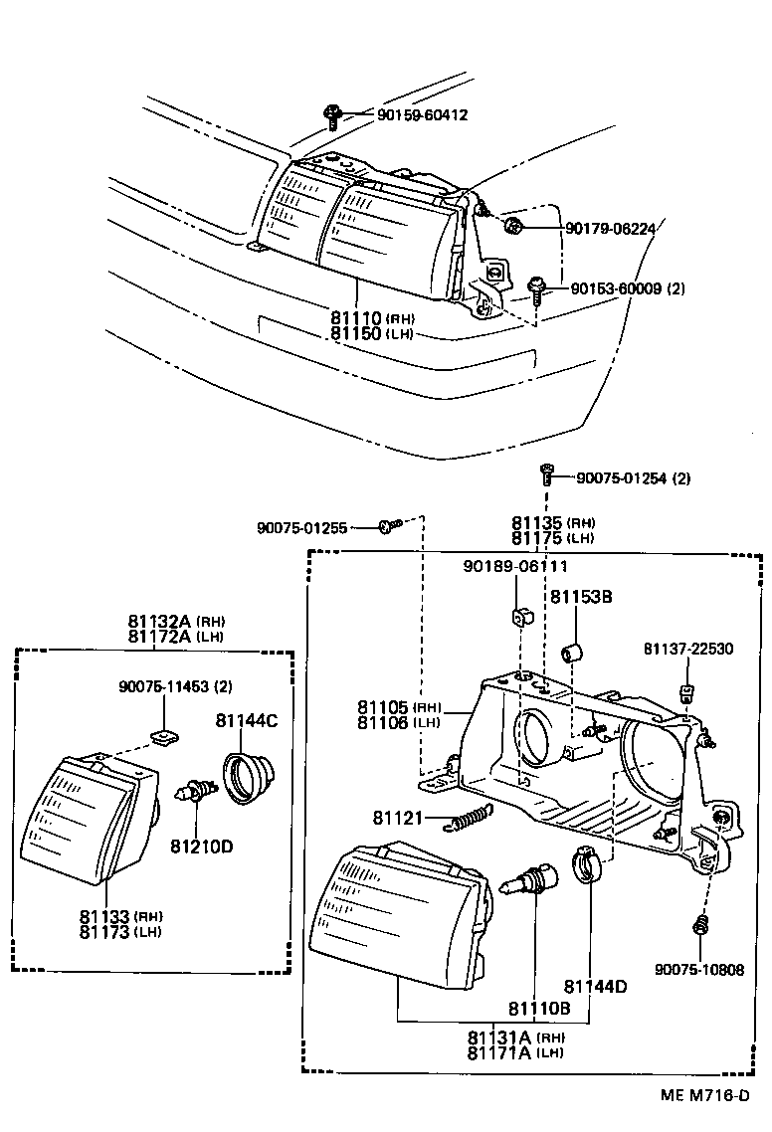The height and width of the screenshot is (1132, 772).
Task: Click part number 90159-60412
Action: [422, 115]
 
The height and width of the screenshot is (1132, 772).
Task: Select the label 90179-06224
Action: [611, 228]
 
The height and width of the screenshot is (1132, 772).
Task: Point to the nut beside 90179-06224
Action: [513, 227]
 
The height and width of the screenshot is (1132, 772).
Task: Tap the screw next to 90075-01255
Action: [389, 525]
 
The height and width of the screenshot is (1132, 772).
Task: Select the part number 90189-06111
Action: [515, 566]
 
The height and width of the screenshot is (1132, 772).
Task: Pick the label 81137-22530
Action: [687, 650]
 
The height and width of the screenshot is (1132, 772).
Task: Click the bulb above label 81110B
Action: [534, 880]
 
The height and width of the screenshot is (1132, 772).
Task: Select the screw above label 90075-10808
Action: [698, 925]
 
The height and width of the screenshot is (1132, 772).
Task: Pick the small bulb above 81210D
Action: [196, 793]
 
